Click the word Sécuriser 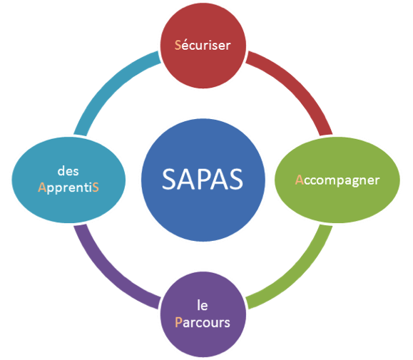coord(203,45)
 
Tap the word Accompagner coord(337,181)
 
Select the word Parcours coord(203,322)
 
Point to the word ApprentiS coord(68,188)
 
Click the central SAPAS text coord(203,180)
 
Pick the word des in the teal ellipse coord(68,171)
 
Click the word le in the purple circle coord(203,306)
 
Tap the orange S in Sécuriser coord(178,45)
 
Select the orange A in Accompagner coord(299,180)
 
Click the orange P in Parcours coord(178,322)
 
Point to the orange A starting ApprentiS coord(42,187)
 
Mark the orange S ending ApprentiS coord(96,187)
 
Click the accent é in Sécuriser coord(185,46)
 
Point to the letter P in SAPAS coord(203,180)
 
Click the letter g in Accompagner coord(355,182)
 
